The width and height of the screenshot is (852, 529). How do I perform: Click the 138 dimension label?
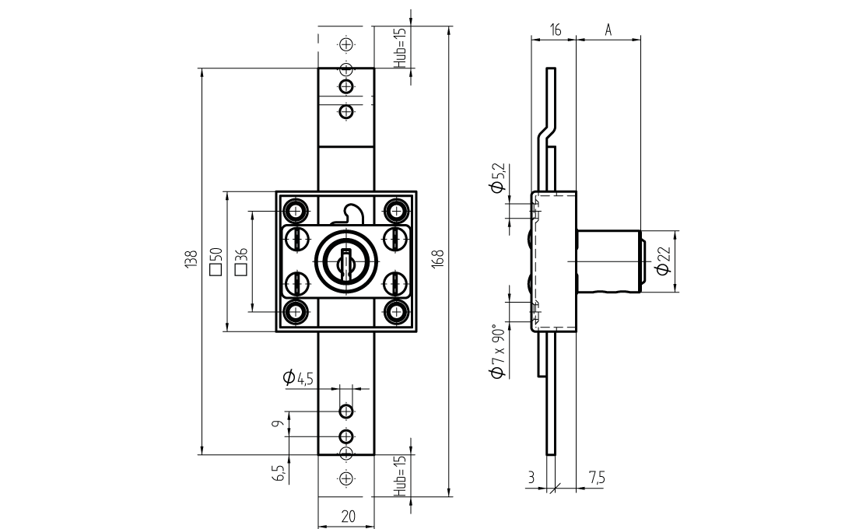pyautogui.click(x=190, y=261)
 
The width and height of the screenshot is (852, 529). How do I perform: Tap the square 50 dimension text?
pyautogui.click(x=216, y=261)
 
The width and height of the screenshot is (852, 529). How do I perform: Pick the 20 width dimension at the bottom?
pyautogui.click(x=347, y=516)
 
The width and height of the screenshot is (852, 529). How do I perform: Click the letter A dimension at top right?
pyautogui.click(x=608, y=30)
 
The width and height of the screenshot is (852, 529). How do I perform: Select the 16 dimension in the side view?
pyautogui.click(x=555, y=30)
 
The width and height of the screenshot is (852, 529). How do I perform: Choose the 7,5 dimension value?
pyautogui.click(x=597, y=478)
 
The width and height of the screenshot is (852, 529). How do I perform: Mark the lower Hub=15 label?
pyautogui.click(x=401, y=475)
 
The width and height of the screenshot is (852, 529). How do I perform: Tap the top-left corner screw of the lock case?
pyautogui.click(x=296, y=209)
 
